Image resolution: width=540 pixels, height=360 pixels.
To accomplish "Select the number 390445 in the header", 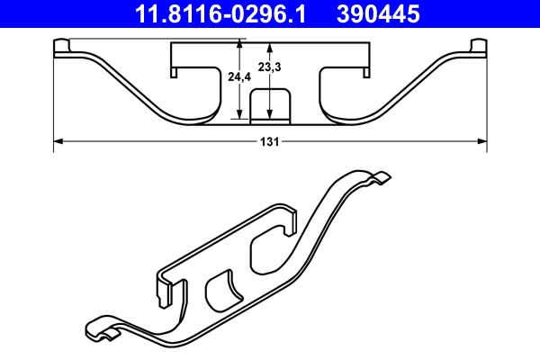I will click(x=379, y=13).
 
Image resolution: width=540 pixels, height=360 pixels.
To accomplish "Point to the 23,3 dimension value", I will click(x=268, y=67).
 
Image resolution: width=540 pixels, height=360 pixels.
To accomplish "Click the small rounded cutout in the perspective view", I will click(x=222, y=292).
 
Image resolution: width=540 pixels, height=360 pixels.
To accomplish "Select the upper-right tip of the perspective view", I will click(x=382, y=177).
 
